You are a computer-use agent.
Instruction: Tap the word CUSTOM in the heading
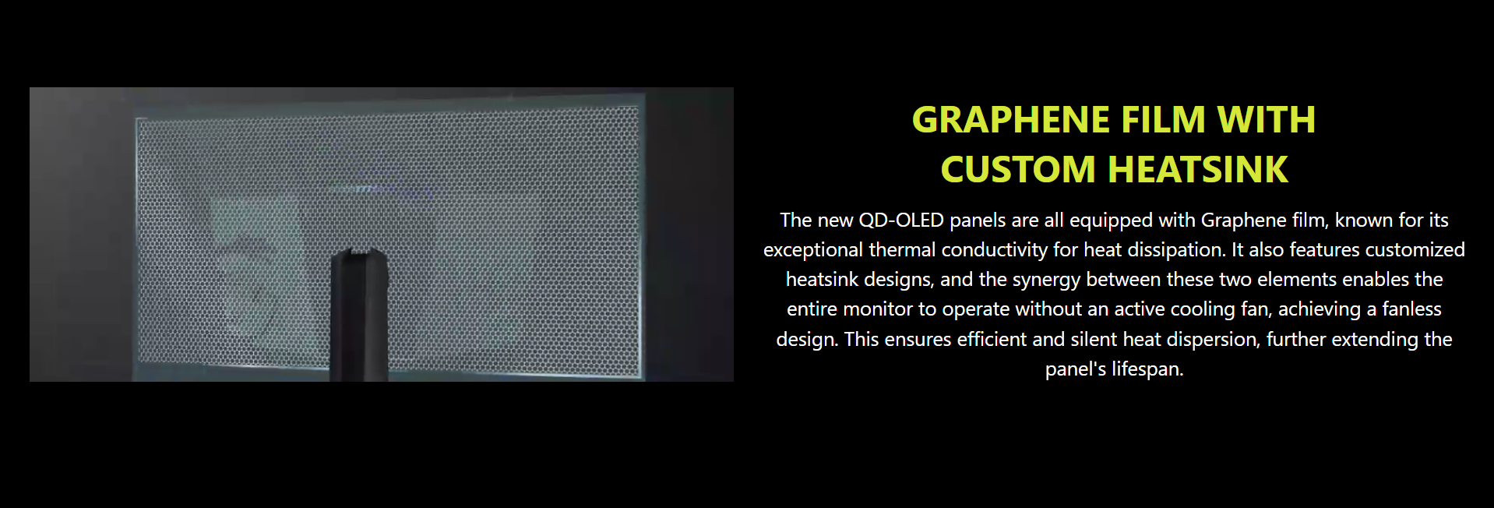(1018, 170)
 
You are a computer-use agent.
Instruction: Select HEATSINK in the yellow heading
(1198, 170)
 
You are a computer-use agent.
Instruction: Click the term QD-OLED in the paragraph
(901, 220)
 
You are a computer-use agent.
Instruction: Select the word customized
(1415, 250)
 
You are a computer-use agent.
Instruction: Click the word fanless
(1412, 309)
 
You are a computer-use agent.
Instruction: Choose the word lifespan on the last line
(1147, 369)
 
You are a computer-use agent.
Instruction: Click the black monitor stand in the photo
(359, 316)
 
